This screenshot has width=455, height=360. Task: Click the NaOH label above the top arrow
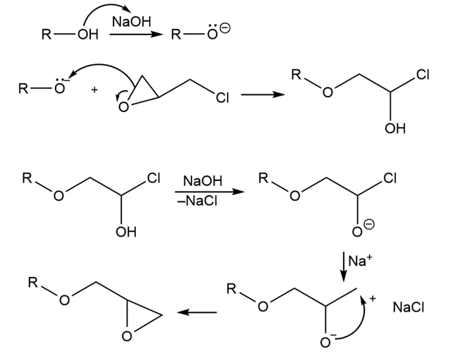132,22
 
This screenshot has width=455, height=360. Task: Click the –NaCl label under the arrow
197,201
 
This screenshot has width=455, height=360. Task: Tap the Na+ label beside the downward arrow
360,261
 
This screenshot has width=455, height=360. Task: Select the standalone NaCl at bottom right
409,307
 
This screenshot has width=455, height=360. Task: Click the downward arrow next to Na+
344,266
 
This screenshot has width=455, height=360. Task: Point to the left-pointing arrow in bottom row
197,312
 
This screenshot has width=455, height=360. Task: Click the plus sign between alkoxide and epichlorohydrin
94,90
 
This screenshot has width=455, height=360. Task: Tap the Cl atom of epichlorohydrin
223,98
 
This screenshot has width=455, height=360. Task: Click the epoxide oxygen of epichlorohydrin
124,107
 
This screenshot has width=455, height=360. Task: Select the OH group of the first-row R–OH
88,35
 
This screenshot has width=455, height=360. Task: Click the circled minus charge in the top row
225,28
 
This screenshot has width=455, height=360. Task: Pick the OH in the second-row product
395,128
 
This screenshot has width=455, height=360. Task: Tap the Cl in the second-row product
423,75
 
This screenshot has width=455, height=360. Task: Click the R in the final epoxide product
33,283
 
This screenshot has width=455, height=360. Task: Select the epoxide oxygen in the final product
127,336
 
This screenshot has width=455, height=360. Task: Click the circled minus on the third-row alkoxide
369,225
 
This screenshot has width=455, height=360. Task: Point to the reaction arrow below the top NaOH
136,35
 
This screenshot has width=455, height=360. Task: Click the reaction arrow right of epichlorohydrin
263,94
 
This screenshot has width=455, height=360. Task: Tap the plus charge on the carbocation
373,298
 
